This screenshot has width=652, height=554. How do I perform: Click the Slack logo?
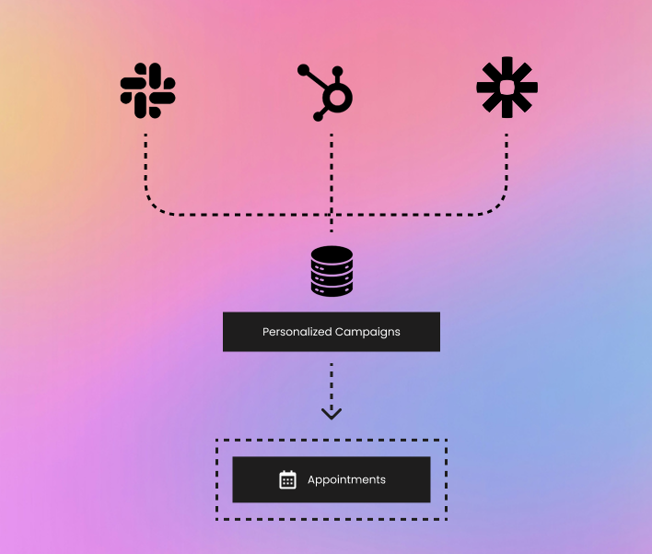coord(147,90)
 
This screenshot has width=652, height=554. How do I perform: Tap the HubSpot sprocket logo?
coord(325,92)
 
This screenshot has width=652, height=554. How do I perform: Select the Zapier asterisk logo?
coord(506,88)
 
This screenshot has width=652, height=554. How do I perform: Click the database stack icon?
coord(332,271)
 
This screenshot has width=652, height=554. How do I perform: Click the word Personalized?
coord(297,332)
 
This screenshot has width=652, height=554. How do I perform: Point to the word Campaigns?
coord(367,332)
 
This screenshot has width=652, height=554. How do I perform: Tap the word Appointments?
coord(346,480)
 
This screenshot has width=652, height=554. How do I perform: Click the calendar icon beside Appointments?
coord(287,479)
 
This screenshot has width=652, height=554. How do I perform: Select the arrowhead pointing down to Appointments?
coord(332,413)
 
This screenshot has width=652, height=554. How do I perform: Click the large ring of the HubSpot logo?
coord(337,99)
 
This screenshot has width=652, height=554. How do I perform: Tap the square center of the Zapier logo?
coord(506,88)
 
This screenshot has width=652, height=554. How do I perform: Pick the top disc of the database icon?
coord(332,253)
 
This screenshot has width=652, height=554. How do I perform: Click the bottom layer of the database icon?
coord(332,289)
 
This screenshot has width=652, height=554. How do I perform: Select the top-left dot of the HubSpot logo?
coord(303,69)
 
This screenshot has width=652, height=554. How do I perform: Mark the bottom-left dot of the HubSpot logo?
coord(318,116)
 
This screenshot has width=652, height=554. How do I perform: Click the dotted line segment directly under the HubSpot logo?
coord(332,183)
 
